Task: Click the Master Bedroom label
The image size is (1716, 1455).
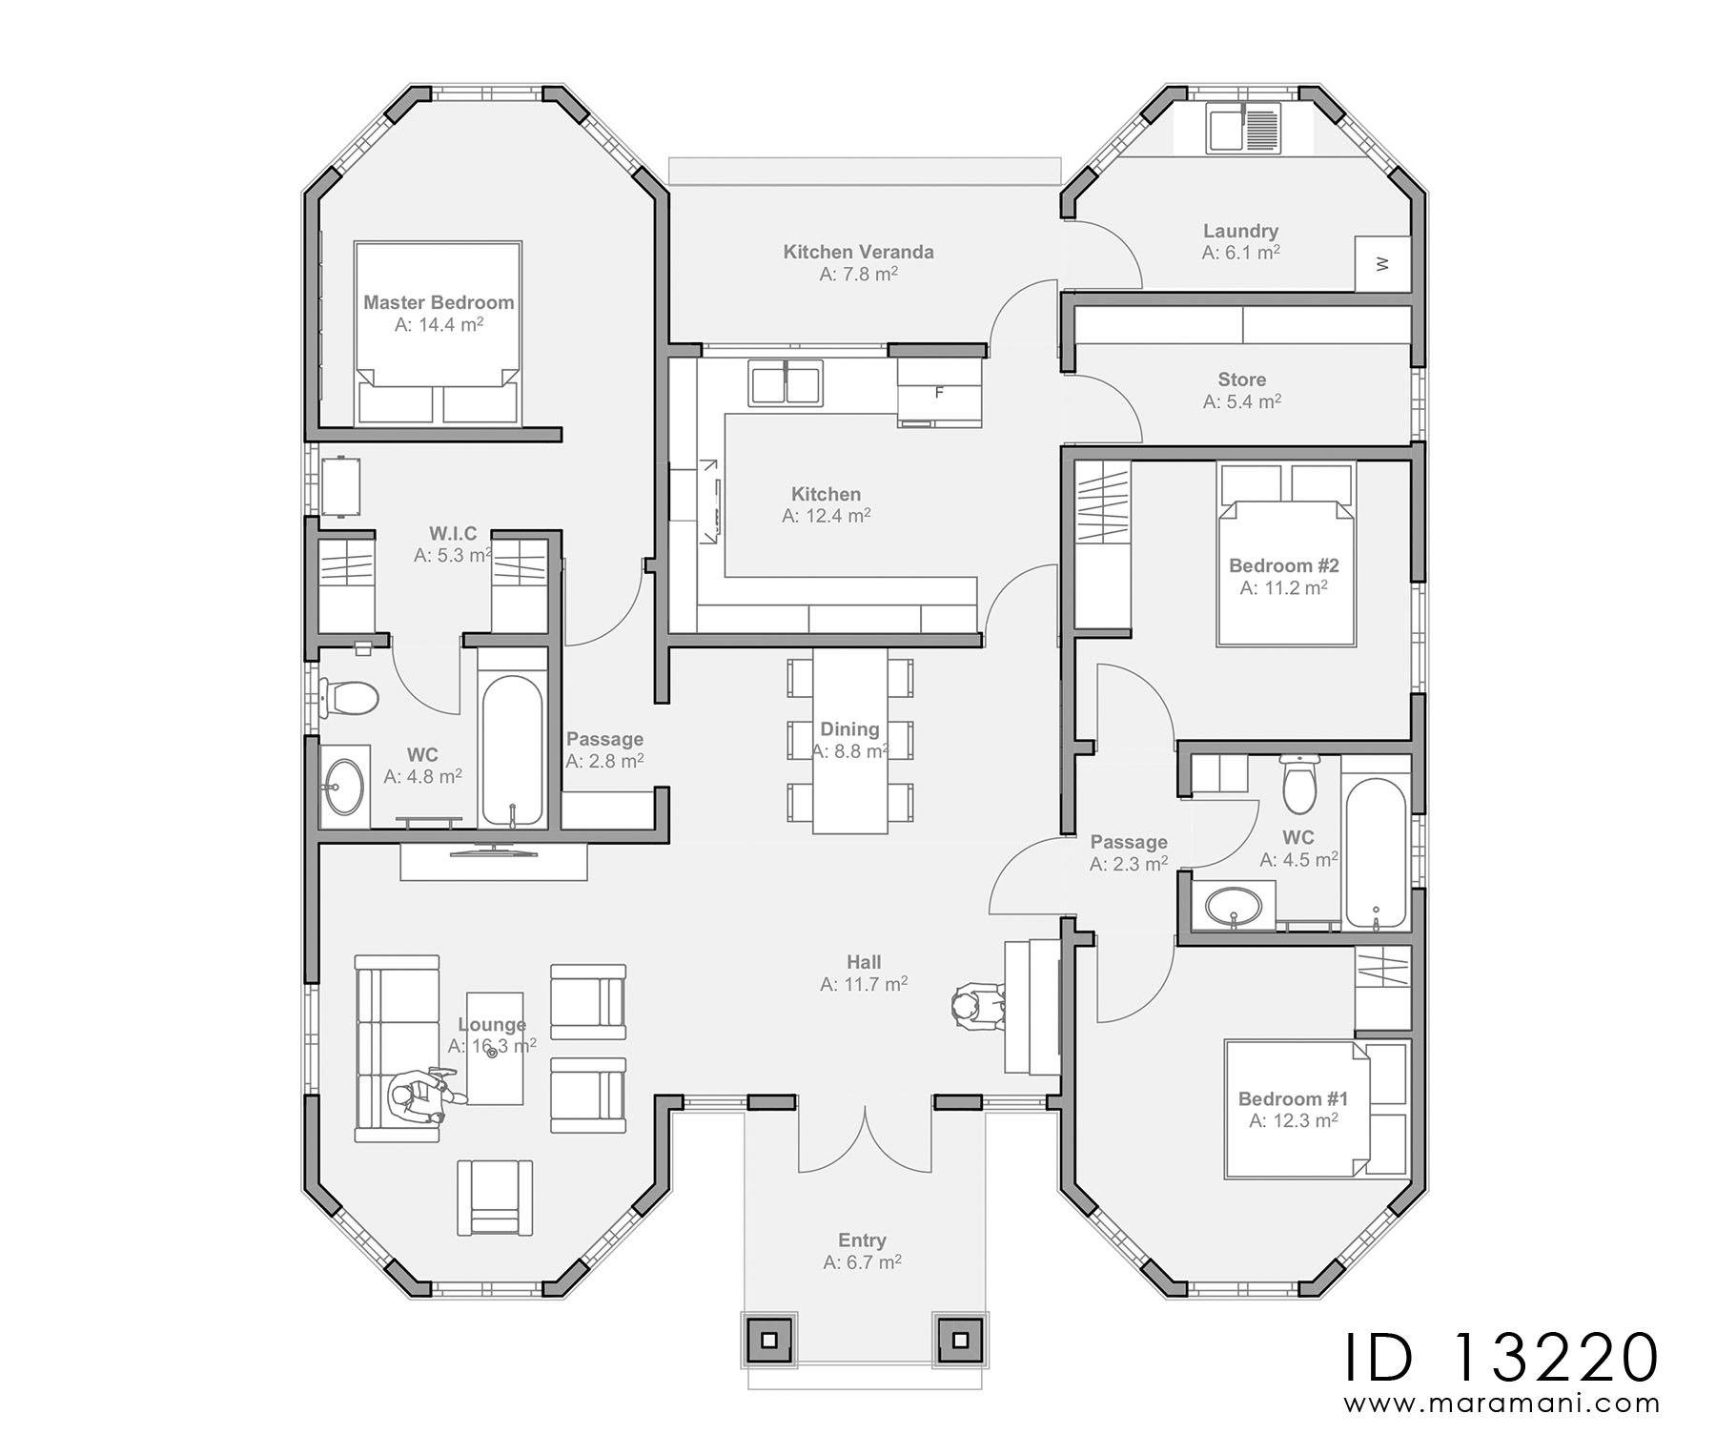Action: (439, 302)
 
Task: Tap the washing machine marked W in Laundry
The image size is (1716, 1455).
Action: (1382, 263)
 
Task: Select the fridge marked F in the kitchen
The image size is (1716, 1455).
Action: (939, 392)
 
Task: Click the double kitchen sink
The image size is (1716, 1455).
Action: (786, 383)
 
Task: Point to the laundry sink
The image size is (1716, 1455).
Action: (1244, 129)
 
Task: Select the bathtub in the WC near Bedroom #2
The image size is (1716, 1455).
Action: (1376, 855)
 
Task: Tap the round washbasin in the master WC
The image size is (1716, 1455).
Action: (341, 787)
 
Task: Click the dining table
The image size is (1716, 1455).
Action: (850, 742)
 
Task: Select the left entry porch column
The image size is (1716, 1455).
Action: (767, 1341)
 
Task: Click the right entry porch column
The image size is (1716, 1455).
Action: (960, 1341)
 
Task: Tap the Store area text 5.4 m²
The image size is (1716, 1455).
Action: (1241, 402)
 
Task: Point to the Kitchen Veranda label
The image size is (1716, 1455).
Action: (858, 252)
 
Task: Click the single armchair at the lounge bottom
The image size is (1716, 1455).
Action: (495, 1198)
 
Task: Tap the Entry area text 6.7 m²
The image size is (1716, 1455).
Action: (862, 1262)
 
